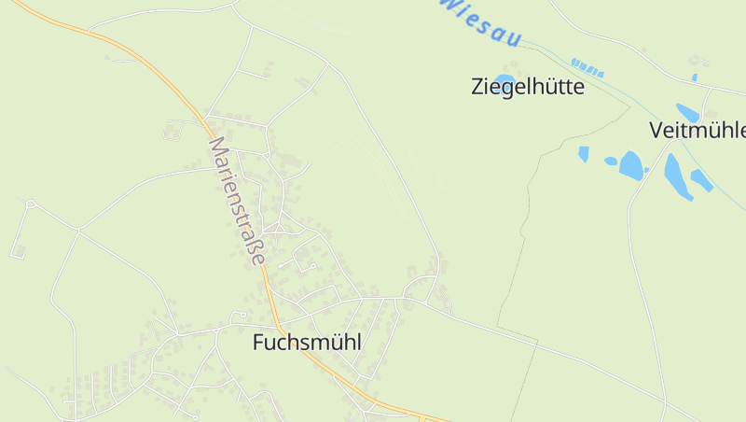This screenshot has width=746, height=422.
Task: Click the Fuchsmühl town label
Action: (307, 343)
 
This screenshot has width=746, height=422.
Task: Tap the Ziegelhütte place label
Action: (528, 88)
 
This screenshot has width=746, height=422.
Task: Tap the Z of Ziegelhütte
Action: (477, 88)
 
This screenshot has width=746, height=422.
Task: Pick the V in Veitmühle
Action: (656, 130)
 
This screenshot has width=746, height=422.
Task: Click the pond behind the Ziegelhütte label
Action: (504, 79)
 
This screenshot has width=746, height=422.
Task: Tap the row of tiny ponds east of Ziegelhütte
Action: (587, 67)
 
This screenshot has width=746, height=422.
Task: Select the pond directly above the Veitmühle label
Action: (687, 113)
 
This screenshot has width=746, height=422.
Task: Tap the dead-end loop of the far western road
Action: (30, 204)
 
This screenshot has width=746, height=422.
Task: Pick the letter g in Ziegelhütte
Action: (507, 90)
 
